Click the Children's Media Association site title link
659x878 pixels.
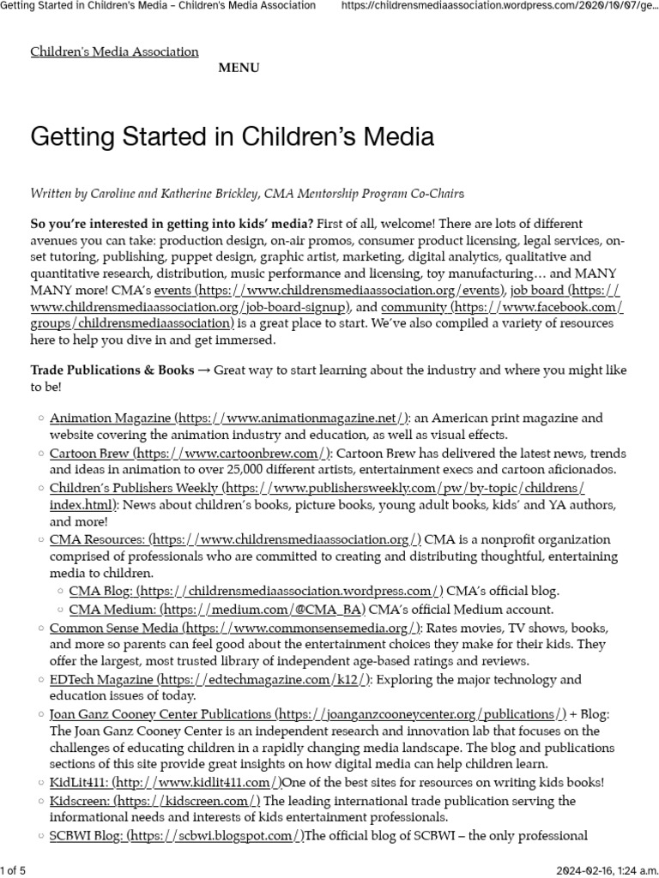[x=114, y=51]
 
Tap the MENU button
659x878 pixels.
[x=239, y=68]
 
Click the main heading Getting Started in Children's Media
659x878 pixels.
[x=232, y=136]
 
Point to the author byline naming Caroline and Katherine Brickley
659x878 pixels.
[x=248, y=194]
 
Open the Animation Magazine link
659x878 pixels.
[x=229, y=418]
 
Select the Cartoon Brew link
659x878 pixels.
[x=190, y=453]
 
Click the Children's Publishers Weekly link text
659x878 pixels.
[x=317, y=488]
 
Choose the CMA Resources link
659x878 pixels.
[x=235, y=539]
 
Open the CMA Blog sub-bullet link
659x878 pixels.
[x=256, y=591]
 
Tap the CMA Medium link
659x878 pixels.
[x=216, y=610]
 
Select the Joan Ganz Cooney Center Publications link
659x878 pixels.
[x=308, y=713]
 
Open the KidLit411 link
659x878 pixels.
[x=166, y=782]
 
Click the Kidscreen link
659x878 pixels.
[x=155, y=801]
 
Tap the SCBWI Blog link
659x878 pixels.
[x=177, y=835]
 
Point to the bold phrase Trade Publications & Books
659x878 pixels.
[x=112, y=370]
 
